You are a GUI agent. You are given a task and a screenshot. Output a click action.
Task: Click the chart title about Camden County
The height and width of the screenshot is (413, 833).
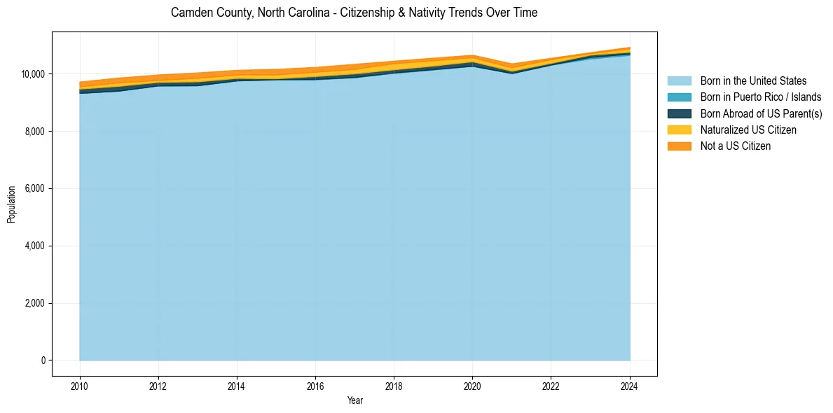354,13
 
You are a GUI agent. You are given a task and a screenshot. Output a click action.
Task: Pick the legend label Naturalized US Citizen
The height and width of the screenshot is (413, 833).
748,130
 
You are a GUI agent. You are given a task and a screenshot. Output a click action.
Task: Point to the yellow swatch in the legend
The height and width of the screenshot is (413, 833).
679,130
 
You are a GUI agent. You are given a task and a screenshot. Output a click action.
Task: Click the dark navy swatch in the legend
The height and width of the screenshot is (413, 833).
679,113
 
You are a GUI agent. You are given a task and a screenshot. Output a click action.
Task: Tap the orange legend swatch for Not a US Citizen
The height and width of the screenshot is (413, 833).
679,146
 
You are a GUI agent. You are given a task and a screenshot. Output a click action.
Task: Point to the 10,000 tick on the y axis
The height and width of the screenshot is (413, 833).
33,74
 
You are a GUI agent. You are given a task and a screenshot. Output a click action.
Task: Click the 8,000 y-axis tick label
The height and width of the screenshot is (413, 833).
35,132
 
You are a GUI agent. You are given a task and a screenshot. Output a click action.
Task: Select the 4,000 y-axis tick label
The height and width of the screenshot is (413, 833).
35,246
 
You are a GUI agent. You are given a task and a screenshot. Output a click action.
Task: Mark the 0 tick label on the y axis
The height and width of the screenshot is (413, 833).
43,360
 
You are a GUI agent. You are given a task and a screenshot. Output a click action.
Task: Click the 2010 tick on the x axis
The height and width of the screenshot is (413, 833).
80,386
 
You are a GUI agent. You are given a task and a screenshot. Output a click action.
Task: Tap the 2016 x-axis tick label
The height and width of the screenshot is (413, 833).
315,386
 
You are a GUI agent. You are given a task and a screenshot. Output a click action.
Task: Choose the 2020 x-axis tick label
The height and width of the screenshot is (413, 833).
473,386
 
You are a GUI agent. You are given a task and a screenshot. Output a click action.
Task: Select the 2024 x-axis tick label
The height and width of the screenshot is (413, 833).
630,386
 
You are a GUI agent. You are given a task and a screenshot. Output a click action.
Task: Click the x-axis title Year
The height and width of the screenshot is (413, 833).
354,401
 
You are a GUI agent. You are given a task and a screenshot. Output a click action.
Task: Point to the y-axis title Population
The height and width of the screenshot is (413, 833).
11,204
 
